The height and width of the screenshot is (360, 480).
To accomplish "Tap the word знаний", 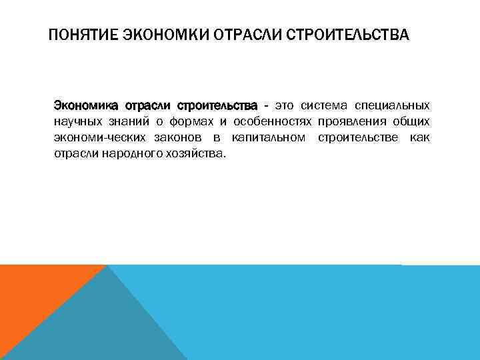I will pos(129,122).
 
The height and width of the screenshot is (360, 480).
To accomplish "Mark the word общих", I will pos(411,122).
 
